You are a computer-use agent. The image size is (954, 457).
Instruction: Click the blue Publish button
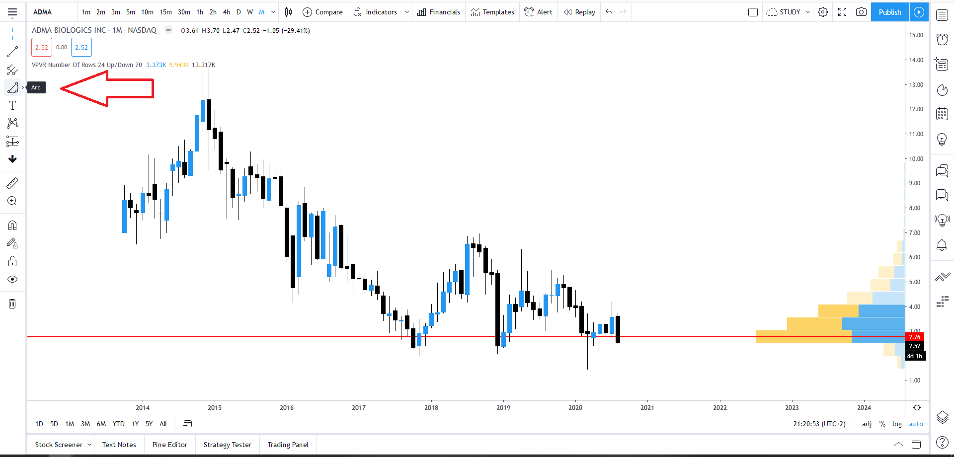click(x=889, y=12)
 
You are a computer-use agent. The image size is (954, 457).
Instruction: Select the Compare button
click(x=323, y=12)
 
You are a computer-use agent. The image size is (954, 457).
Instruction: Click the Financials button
click(x=439, y=12)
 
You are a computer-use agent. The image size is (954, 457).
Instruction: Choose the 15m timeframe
click(x=165, y=12)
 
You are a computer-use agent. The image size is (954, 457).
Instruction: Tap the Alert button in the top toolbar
click(x=539, y=12)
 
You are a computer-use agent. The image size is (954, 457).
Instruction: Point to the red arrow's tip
click(x=61, y=88)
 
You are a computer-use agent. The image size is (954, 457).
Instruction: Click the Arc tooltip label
click(x=36, y=87)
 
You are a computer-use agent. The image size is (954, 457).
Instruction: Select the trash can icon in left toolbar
click(x=12, y=304)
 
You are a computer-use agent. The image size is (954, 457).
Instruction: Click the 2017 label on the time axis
click(x=359, y=407)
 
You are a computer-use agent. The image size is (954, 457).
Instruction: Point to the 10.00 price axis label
click(x=916, y=159)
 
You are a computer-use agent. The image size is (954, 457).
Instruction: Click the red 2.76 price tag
click(x=914, y=337)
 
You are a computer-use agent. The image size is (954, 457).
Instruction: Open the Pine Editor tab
click(x=170, y=445)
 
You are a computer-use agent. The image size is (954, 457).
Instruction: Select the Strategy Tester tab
click(x=227, y=445)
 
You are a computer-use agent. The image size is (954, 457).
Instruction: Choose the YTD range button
click(x=118, y=424)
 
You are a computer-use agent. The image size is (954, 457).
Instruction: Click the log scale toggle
click(x=897, y=424)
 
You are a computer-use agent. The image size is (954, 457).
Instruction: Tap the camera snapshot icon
click(x=861, y=12)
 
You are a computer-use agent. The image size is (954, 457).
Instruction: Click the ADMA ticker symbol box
click(x=43, y=12)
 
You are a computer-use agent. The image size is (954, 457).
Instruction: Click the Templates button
click(x=492, y=12)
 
